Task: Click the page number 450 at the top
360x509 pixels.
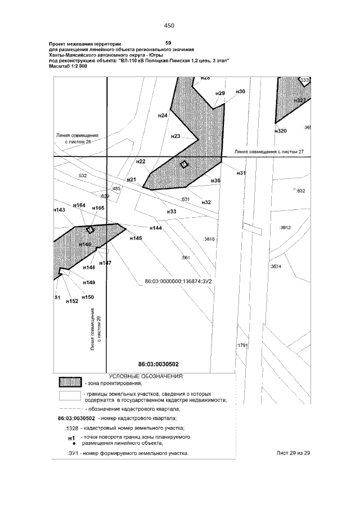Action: [169, 25]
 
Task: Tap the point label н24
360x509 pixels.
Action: [163, 115]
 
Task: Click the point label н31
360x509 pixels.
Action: [241, 173]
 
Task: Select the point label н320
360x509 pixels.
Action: [281, 130]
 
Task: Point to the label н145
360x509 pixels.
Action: [136, 238]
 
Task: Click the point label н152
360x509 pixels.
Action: [71, 301]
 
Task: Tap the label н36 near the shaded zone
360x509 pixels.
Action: [215, 181]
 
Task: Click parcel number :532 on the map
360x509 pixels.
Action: [83, 176]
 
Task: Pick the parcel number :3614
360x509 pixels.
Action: [276, 266]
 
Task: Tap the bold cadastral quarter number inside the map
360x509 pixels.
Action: [158, 364]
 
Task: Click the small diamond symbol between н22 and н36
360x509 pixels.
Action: [183, 164]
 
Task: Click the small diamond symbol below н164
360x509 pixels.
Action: [89, 229]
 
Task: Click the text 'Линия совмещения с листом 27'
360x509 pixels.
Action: [269, 152]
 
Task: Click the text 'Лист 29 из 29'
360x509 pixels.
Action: [294, 453]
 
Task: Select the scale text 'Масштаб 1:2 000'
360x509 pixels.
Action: [69, 66]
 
